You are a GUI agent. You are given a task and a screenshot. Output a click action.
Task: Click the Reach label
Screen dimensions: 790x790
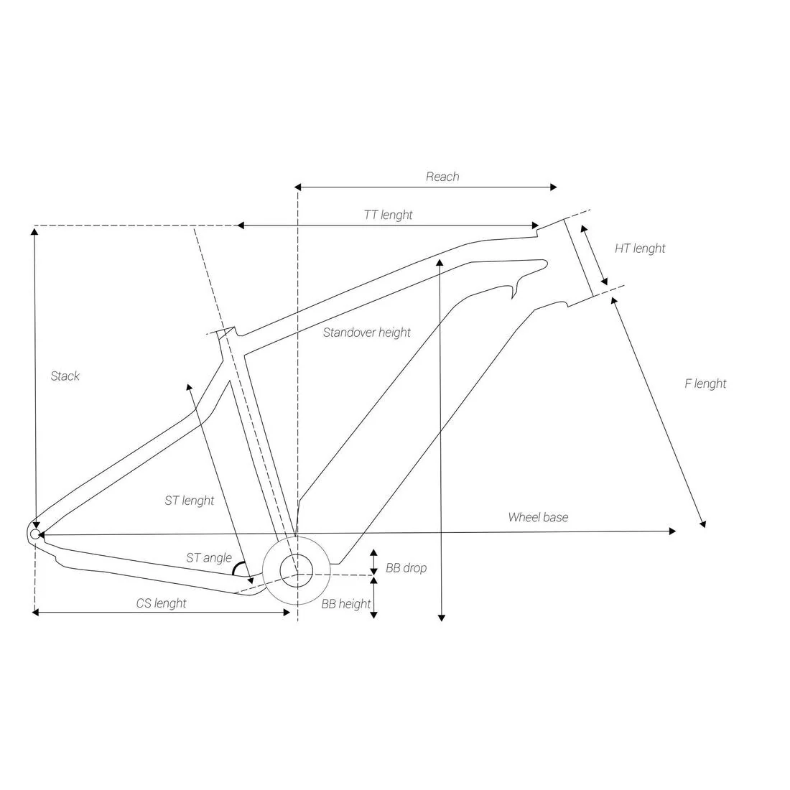tap(442, 177)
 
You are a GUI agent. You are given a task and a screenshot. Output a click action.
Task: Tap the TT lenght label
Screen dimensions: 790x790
tap(388, 215)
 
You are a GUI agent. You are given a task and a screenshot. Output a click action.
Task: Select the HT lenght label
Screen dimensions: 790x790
tap(640, 248)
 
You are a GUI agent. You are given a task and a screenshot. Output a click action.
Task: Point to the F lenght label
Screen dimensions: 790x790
tap(705, 384)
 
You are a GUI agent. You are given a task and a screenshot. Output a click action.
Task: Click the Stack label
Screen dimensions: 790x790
tap(65, 376)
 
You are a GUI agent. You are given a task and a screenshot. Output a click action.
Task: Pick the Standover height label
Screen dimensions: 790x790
tap(367, 333)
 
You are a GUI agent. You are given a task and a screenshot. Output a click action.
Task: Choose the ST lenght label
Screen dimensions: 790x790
tap(190, 501)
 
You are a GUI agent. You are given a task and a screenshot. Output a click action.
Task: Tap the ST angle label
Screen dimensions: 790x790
tap(209, 558)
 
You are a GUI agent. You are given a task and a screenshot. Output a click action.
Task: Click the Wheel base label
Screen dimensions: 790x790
tap(538, 517)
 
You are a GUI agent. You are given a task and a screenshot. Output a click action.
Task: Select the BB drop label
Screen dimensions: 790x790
tap(406, 568)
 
